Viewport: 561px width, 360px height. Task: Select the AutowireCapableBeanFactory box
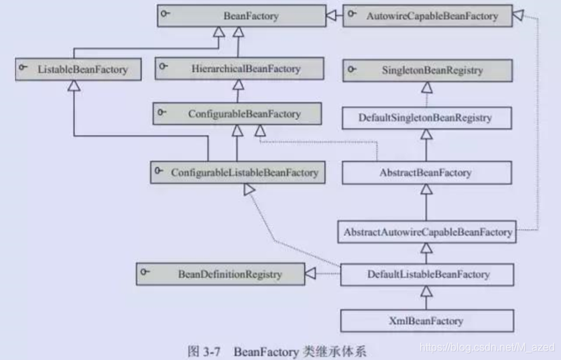point(427,15)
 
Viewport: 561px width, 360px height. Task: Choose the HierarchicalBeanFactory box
point(239,68)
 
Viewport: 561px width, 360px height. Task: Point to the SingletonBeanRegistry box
point(427,70)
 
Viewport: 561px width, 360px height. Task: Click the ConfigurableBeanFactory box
point(237,114)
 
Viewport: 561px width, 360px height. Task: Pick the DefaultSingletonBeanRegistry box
point(427,118)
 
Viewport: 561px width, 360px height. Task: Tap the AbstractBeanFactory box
point(427,172)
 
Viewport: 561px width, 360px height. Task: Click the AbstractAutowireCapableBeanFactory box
point(427,232)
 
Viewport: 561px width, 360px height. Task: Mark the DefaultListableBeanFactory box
point(427,274)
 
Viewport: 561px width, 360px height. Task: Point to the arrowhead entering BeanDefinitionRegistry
point(310,274)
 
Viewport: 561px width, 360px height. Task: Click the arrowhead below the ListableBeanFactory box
point(74,84)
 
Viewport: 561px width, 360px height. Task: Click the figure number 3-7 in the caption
point(202,349)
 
